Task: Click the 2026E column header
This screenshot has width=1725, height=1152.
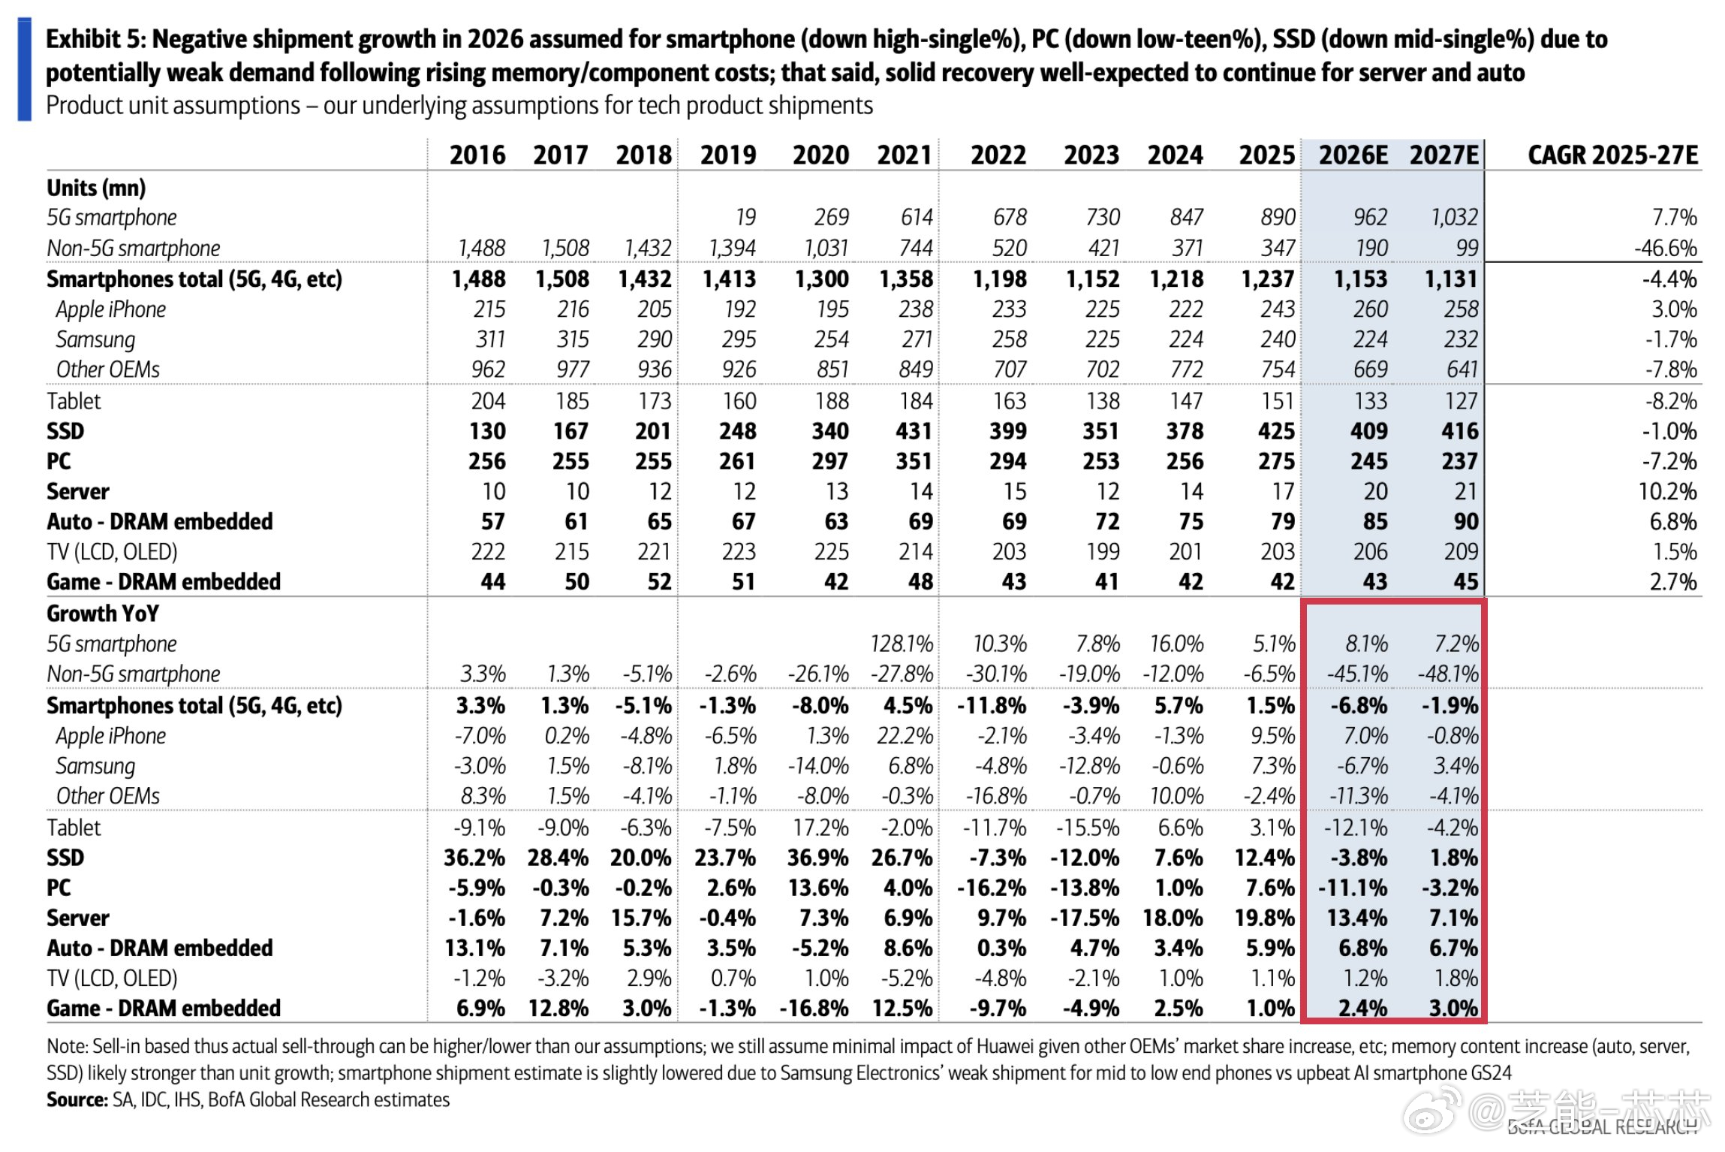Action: click(1353, 155)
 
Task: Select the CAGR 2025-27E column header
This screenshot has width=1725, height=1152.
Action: click(1612, 155)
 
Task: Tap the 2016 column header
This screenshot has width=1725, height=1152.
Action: click(477, 155)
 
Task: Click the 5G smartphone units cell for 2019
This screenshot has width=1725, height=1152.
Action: click(745, 217)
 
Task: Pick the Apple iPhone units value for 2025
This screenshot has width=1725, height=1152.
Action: click(1278, 309)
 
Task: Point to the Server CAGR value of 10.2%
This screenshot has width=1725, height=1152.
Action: click(1667, 491)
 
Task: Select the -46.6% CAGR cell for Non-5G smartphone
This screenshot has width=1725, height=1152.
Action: click(1666, 248)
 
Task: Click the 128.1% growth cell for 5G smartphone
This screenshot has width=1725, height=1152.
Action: click(901, 644)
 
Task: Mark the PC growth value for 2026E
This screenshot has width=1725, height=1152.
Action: click(1353, 888)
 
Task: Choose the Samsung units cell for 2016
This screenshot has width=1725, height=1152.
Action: click(490, 339)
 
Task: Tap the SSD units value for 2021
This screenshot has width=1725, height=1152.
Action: click(913, 431)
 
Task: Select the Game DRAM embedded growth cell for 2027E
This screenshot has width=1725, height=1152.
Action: click(1453, 1008)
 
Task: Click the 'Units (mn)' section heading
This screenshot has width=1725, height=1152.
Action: click(96, 188)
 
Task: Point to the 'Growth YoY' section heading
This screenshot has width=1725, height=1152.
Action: click(103, 614)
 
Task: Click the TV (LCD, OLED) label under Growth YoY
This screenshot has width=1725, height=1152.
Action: click(112, 978)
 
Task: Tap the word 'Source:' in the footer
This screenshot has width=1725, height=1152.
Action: click(77, 1100)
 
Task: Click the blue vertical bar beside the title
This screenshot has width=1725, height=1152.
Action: click(24, 70)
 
